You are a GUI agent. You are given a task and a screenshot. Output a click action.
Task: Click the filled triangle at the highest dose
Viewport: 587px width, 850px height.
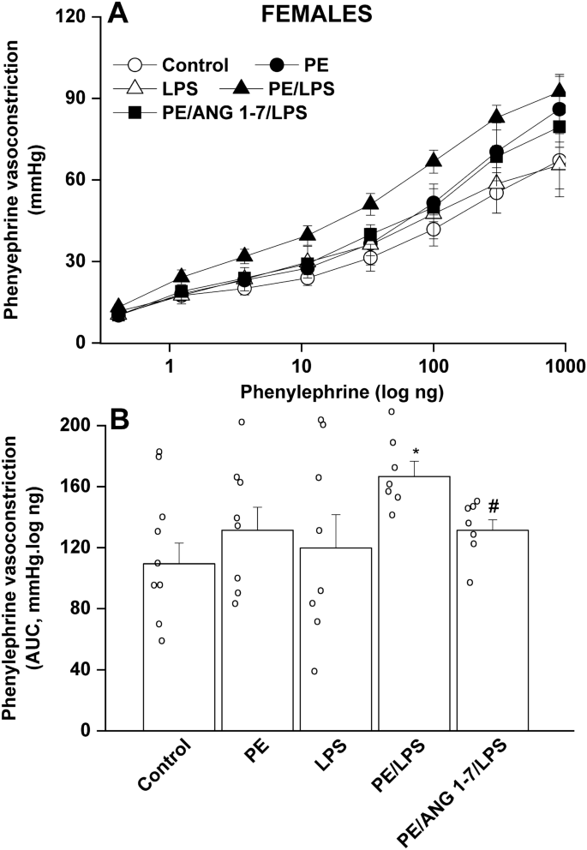[x=560, y=91]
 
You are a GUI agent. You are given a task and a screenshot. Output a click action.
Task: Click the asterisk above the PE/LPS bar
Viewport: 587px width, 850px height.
[x=415, y=452]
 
